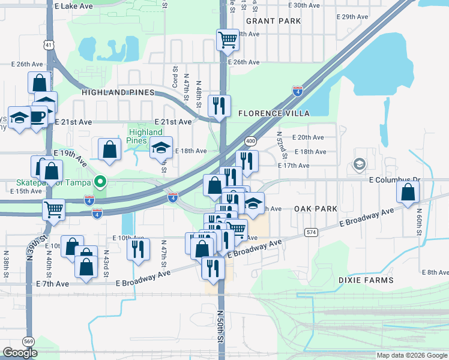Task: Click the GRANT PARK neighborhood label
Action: pyautogui.click(x=273, y=21)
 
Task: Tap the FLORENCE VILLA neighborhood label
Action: pyautogui.click(x=274, y=113)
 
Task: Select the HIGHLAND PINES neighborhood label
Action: pyautogui.click(x=118, y=92)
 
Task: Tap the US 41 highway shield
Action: pyautogui.click(x=49, y=44)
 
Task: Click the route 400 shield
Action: pyautogui.click(x=250, y=141)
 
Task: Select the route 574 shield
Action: pyautogui.click(x=310, y=232)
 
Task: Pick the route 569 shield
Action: pyautogui.click(x=28, y=341)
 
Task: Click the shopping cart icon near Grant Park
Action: pyautogui.click(x=228, y=41)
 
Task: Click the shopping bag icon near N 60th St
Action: pyautogui.click(x=408, y=193)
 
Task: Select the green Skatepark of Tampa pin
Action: pyautogui.click(x=101, y=181)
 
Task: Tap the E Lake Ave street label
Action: pyautogui.click(x=73, y=6)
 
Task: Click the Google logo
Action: pyautogui.click(x=20, y=353)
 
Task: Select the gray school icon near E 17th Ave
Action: pyautogui.click(x=359, y=164)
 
